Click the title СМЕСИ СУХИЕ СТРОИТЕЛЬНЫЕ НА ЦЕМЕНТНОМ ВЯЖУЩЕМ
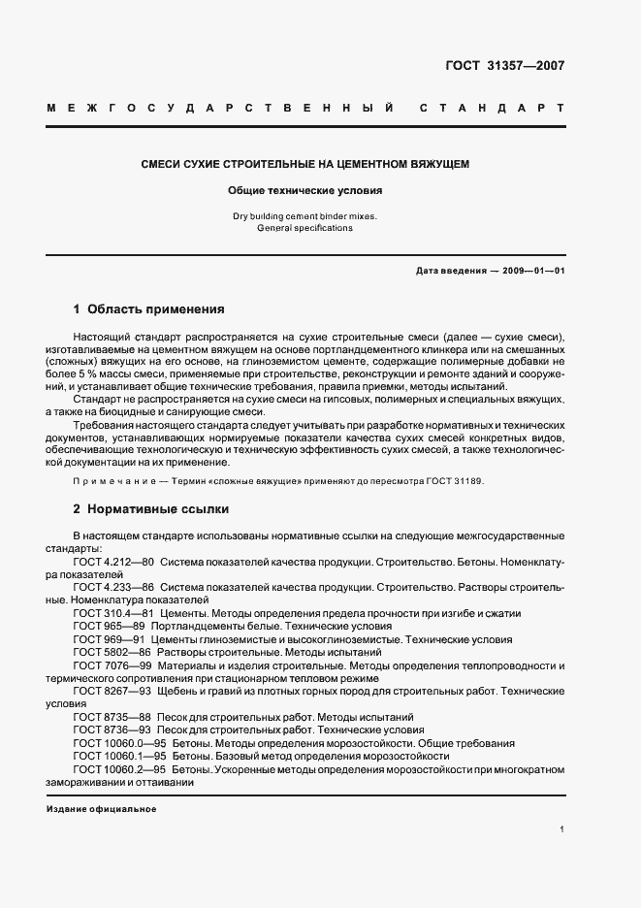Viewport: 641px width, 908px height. pos(305,165)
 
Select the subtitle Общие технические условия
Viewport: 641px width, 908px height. pos(305,191)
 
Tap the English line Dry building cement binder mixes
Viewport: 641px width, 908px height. pos(305,216)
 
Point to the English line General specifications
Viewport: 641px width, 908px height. pos(305,229)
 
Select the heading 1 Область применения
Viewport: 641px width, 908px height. pos(148,310)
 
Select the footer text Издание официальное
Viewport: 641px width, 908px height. pos(101,808)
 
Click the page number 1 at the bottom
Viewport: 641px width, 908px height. pos(561,829)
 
